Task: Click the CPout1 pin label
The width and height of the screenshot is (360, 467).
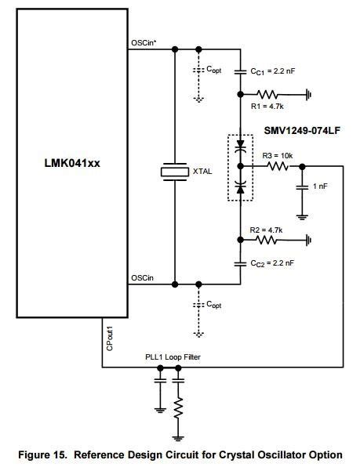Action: (110, 338)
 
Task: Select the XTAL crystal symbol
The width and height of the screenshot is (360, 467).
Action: (174, 170)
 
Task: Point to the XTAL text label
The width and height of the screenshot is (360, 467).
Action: (203, 170)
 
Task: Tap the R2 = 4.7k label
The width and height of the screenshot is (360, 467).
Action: (264, 230)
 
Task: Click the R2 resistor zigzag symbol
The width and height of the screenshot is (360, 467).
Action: (270, 240)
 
